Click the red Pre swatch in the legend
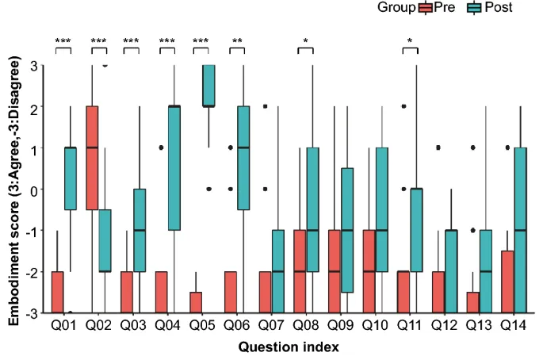pyautogui.click(x=425, y=8)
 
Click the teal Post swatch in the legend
pyautogui.click(x=474, y=8)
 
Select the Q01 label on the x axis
pyautogui.click(x=63, y=325)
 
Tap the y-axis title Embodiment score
pyautogui.click(x=14, y=190)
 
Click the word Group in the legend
pyautogui.click(x=396, y=8)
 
